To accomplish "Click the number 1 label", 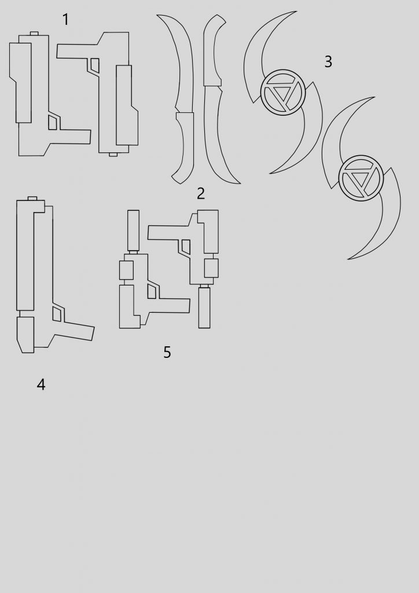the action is pos(66,19).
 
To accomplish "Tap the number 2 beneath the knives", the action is pos(201,193).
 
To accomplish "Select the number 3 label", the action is pos(328,61).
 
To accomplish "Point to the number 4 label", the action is pos(41,385).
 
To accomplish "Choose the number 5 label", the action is pos(167,352).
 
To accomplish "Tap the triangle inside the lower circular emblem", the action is pos(361,180).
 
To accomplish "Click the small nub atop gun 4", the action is pos(32,199).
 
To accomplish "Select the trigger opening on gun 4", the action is pos(57,314).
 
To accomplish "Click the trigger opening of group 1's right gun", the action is pos(95,65).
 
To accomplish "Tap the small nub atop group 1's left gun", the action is pos(34,33).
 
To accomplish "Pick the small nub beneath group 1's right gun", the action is pos(113,154).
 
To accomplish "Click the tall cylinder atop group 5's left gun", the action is pos(133,230).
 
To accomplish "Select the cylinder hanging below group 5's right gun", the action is pos(204,308).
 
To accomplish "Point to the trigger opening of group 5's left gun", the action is pos(152,291).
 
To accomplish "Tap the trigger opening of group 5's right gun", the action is pos(186,247).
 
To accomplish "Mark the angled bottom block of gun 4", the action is pos(25,335).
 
